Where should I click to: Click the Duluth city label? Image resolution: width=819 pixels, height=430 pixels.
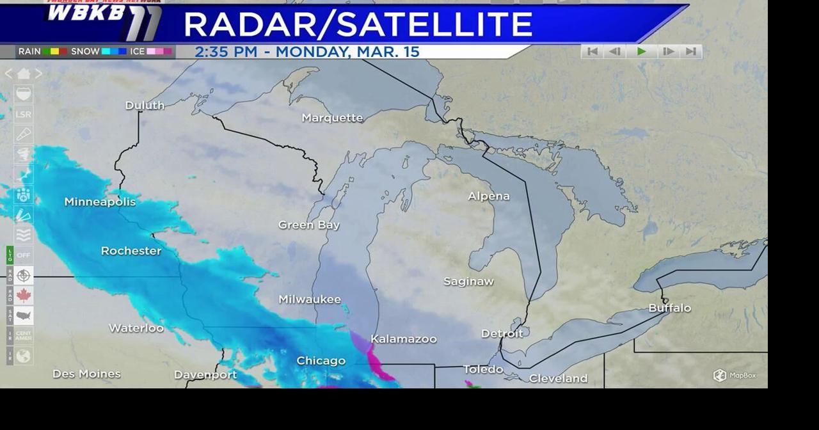(x=145, y=106)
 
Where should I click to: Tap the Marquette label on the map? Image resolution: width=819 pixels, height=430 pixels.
(x=332, y=118)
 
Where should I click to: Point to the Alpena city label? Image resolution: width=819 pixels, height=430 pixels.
(x=489, y=196)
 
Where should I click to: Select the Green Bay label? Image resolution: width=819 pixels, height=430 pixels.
(x=309, y=225)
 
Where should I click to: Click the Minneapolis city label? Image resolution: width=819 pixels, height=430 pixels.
(x=100, y=202)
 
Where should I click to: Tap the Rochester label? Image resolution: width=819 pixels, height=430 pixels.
(x=131, y=251)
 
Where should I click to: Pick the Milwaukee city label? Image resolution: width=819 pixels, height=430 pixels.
(x=310, y=299)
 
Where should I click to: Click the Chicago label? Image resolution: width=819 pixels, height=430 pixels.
(x=321, y=361)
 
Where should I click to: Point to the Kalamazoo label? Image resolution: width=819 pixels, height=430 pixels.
(x=404, y=339)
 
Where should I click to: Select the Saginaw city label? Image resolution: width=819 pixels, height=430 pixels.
(x=469, y=282)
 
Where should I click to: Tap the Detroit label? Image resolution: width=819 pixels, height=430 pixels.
(x=502, y=333)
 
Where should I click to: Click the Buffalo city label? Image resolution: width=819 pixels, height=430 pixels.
(x=670, y=308)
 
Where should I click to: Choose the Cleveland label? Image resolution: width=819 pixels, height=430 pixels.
(x=558, y=379)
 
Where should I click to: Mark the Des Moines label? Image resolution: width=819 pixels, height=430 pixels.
(x=86, y=374)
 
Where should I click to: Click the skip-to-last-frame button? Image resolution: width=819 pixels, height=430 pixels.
(x=691, y=52)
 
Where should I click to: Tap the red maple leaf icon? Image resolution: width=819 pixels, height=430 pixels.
(x=24, y=296)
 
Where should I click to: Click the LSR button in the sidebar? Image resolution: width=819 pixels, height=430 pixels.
(x=24, y=115)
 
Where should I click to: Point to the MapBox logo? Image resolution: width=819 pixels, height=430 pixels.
(x=735, y=376)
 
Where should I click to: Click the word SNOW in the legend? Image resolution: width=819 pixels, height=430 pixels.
(x=85, y=52)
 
